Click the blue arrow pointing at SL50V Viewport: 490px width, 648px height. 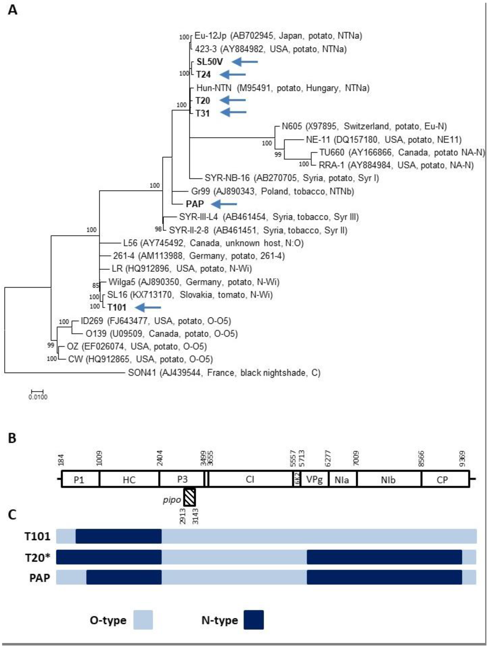(x=245, y=62)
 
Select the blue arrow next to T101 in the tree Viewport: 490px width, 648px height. (x=148, y=307)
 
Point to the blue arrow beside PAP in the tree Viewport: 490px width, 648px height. (x=224, y=204)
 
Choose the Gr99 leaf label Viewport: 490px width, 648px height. (x=200, y=191)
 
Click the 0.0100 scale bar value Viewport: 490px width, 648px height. (x=38, y=397)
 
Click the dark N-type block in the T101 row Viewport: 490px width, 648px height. (x=119, y=536)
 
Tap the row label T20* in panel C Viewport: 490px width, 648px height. (x=38, y=557)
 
